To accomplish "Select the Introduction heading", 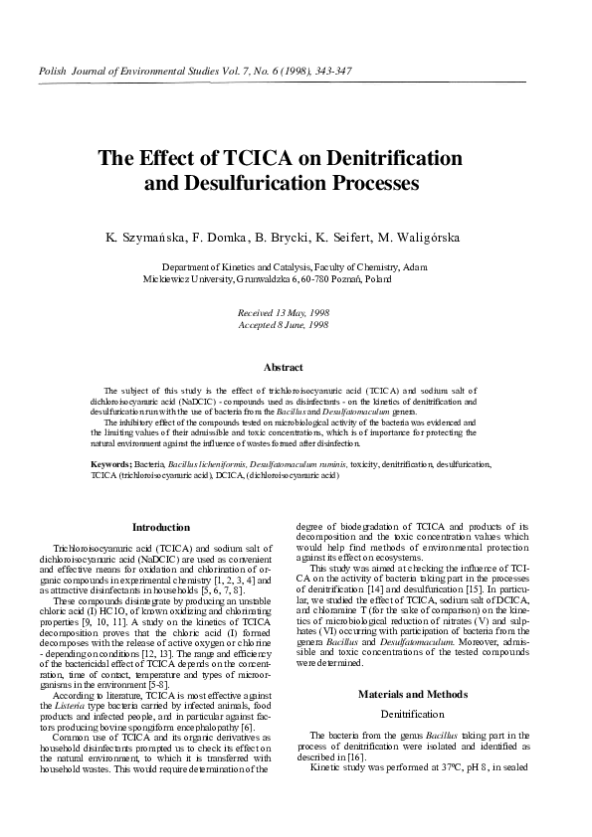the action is tap(161, 527).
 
